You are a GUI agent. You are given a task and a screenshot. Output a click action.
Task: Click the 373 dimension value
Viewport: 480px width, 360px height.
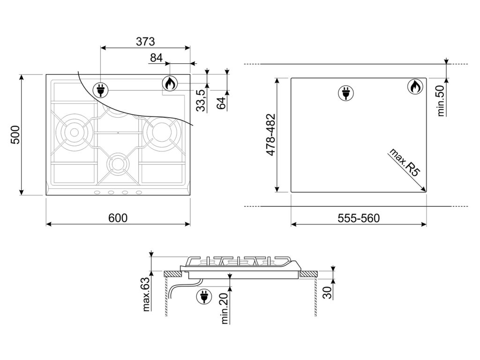(145, 41)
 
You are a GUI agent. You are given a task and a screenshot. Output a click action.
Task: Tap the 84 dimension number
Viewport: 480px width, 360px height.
(157, 58)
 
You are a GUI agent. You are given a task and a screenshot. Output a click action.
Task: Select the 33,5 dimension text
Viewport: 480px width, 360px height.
(201, 100)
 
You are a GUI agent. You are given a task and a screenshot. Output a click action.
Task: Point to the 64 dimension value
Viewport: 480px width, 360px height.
(221, 102)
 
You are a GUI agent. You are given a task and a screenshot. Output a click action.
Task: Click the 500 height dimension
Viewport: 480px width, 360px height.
(15, 135)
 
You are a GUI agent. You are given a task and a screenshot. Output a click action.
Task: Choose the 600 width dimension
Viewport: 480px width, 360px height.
(118, 218)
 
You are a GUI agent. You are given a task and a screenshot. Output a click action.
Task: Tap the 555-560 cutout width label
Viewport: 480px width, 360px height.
(359, 218)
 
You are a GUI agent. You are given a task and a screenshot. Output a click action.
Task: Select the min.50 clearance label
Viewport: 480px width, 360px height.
(441, 100)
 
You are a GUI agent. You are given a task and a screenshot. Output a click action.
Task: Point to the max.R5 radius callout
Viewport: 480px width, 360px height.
(404, 162)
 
